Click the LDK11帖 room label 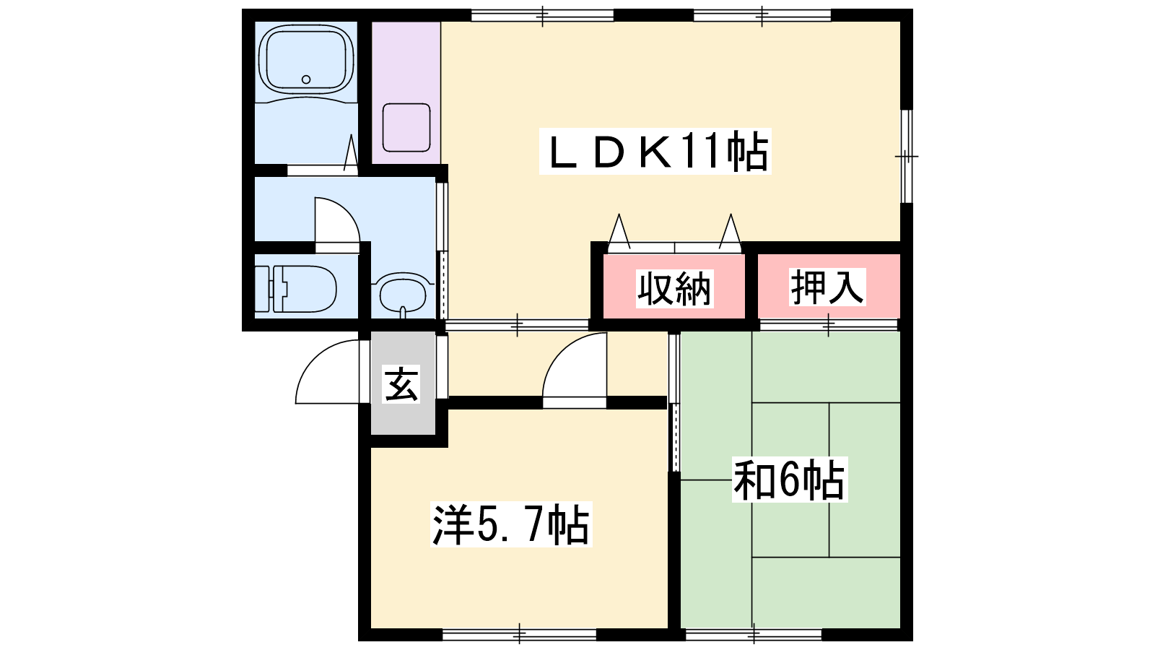click(655, 151)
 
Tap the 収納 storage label click(674, 288)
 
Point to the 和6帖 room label click(790, 480)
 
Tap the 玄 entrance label click(401, 383)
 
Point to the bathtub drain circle click(306, 79)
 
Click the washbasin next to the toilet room click(404, 295)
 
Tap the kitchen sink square click(406, 127)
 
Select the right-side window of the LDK click(907, 156)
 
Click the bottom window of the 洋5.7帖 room click(519, 634)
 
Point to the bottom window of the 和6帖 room click(754, 634)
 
